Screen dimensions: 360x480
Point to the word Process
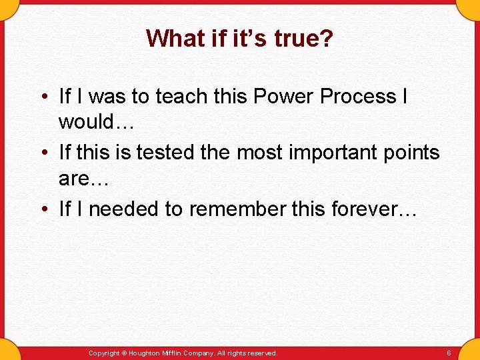pos(358,97)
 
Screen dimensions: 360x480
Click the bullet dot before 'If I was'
pos(44,97)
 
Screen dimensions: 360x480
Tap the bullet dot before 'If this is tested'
pos(44,153)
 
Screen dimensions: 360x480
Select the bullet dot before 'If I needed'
pos(44,209)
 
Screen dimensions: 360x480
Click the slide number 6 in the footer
pos(449,353)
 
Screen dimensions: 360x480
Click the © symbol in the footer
pos(123,353)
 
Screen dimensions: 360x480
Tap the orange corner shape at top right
pos(469,8)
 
